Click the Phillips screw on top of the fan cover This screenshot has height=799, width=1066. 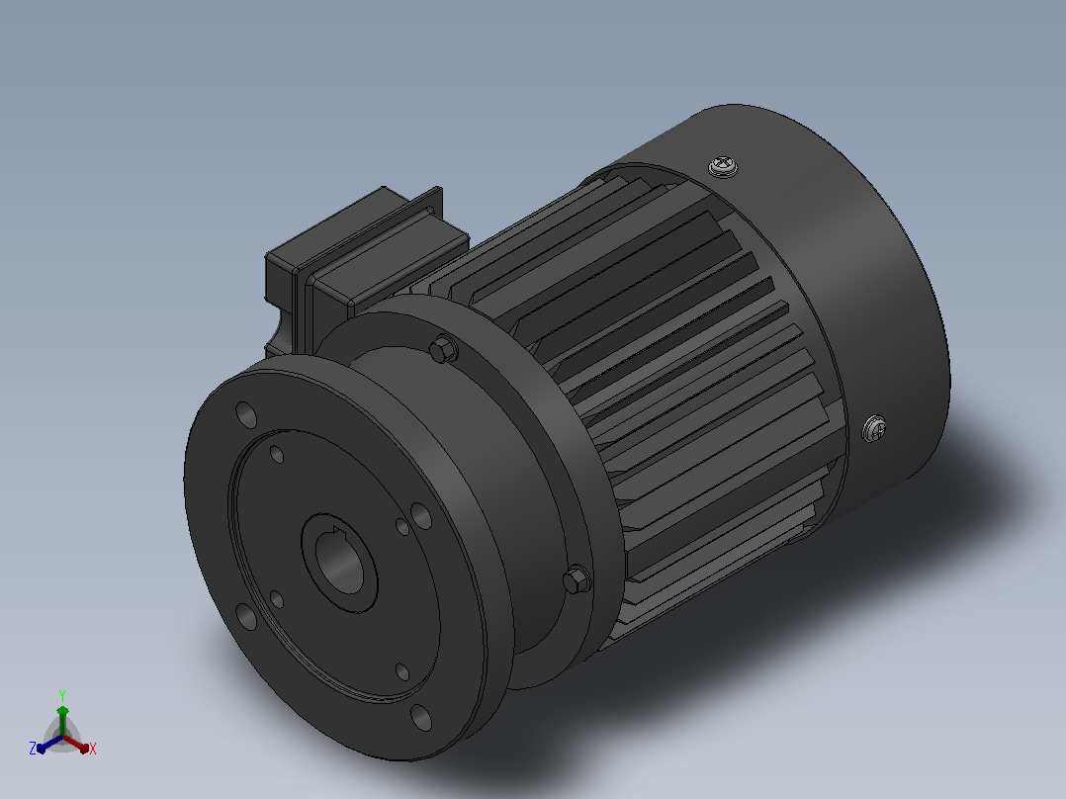click(724, 166)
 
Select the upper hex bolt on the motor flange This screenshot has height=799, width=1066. click(443, 349)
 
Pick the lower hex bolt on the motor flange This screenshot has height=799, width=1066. click(577, 579)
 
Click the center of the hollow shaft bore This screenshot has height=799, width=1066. click(339, 563)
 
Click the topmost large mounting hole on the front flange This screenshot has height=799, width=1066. click(246, 414)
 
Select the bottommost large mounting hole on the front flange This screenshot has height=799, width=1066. click(421, 717)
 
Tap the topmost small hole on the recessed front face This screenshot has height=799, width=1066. click(277, 454)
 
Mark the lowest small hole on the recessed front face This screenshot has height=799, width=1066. click(402, 671)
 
